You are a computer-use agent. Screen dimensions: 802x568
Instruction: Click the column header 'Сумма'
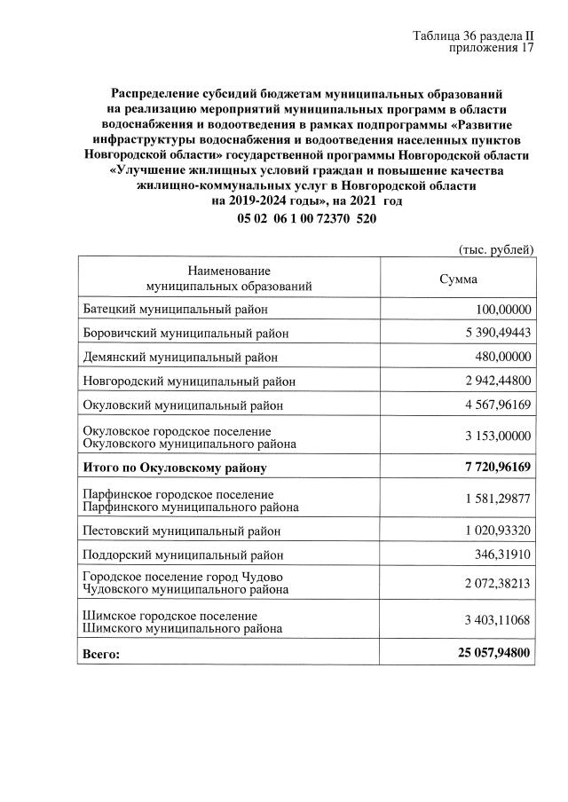click(458, 279)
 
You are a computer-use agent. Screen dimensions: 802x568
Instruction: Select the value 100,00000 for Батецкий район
click(502, 309)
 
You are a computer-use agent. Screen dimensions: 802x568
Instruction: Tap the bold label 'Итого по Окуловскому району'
click(174, 467)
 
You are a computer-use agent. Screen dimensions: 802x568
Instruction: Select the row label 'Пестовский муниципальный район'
click(181, 531)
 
